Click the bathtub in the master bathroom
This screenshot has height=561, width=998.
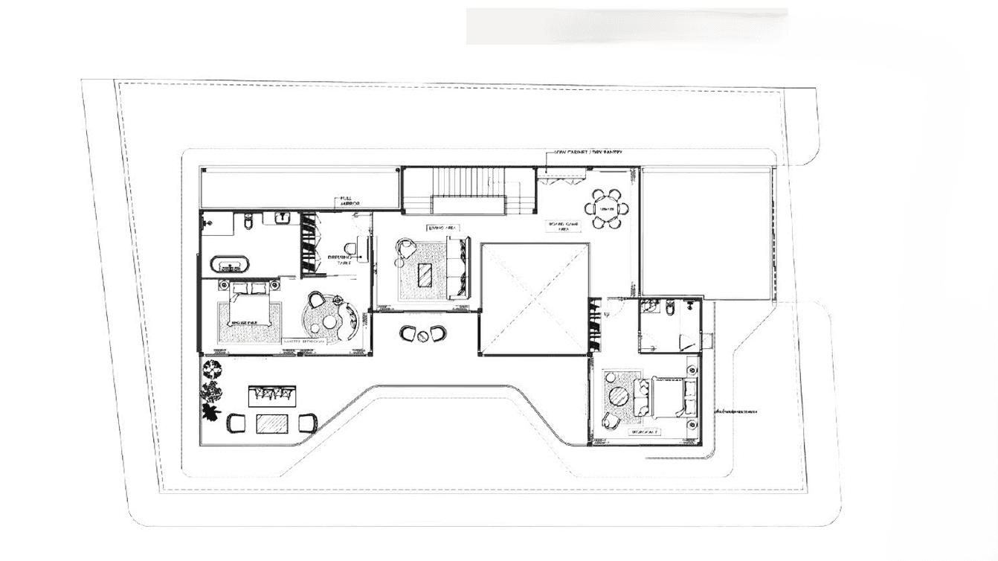[230, 264]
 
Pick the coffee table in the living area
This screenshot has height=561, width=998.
[425, 275]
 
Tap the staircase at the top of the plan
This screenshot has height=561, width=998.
[469, 189]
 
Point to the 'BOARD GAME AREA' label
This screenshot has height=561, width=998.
[564, 226]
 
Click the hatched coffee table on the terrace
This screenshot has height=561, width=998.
[271, 423]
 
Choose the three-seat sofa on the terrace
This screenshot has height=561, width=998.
[271, 395]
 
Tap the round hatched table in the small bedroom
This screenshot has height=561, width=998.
[618, 396]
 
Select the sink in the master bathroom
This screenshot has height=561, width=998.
[283, 217]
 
